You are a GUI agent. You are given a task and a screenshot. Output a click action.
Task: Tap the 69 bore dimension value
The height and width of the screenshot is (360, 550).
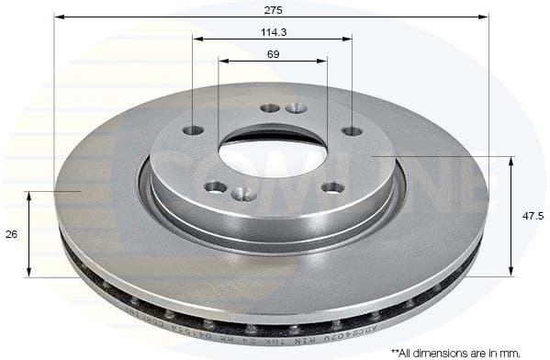(272, 55)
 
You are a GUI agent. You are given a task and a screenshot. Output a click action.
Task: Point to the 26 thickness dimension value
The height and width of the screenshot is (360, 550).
(11, 234)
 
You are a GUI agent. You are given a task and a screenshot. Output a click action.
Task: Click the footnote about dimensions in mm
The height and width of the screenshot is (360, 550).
(466, 352)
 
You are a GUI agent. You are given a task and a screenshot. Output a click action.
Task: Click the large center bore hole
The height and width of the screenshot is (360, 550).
(272, 152)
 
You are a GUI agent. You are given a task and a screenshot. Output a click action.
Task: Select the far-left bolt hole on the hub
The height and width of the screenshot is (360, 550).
(193, 130)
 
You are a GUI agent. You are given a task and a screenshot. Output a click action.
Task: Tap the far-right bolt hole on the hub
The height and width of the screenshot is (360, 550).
(352, 131)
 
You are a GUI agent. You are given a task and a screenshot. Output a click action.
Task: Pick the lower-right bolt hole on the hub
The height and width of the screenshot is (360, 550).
(332, 187)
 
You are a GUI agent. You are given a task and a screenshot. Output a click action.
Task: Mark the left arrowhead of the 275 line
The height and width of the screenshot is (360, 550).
(58, 17)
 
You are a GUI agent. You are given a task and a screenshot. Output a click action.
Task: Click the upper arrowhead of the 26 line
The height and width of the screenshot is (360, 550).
(29, 195)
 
